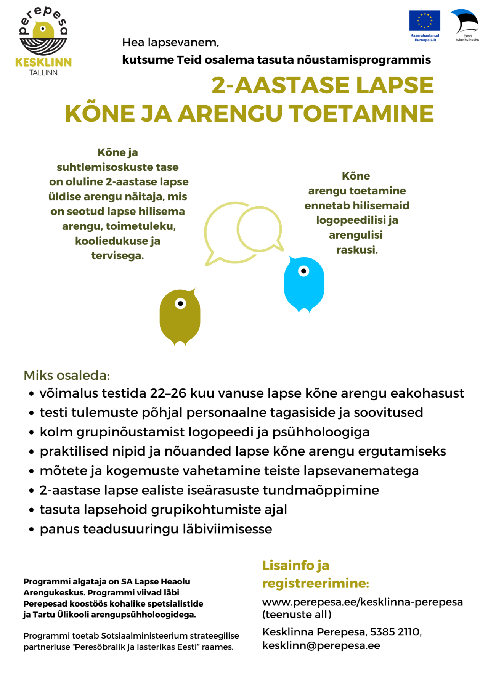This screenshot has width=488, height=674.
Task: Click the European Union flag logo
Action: point(424,21)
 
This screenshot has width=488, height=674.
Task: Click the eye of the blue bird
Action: point(303,271)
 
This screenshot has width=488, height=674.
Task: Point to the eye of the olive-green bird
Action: point(180,303)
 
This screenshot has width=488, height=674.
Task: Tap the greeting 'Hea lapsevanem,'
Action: point(170,42)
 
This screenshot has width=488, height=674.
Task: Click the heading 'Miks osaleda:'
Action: point(67,375)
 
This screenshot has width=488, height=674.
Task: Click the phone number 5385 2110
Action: point(395,632)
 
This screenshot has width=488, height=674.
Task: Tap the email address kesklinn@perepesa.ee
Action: point(321,645)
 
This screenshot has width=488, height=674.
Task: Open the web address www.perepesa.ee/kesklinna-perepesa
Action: point(362,602)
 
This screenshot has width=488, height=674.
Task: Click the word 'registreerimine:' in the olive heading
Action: point(316,583)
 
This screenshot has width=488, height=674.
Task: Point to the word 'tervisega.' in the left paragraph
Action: point(117,255)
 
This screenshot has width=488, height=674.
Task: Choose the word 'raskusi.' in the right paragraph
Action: point(357,250)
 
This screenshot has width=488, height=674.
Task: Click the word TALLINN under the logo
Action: point(43,73)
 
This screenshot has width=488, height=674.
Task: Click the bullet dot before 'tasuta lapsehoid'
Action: point(32,510)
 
